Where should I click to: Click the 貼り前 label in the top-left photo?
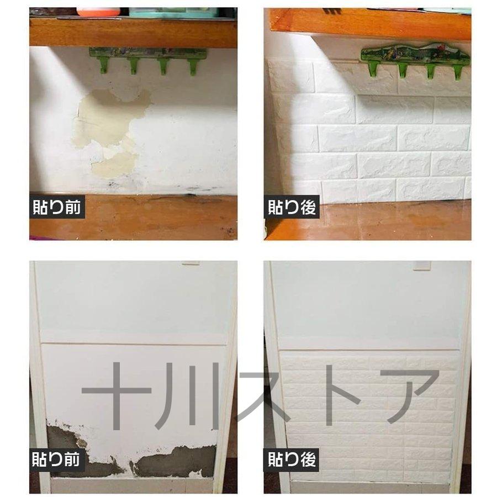[x=57, y=208]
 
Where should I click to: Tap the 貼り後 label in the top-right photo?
[x=292, y=208]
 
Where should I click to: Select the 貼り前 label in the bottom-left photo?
[x=57, y=459]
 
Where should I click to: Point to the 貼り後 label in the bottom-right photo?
[x=292, y=459]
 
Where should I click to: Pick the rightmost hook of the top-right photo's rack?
[x=457, y=70]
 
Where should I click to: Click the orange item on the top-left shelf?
[x=98, y=12]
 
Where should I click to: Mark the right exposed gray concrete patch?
[x=177, y=461]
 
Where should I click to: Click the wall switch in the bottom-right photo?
[x=422, y=265]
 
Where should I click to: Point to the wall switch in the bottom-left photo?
[x=191, y=263]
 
